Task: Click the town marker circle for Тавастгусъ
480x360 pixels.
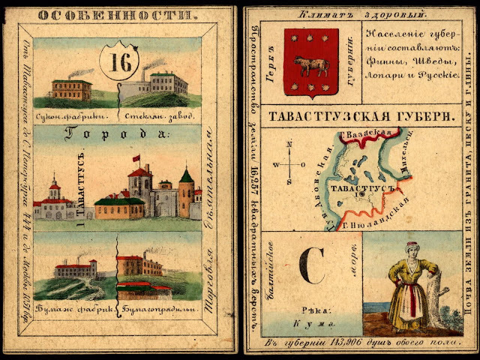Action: tap(361, 193)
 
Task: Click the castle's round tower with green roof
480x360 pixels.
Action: tap(186, 193)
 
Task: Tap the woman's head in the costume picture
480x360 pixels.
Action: tap(412, 248)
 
